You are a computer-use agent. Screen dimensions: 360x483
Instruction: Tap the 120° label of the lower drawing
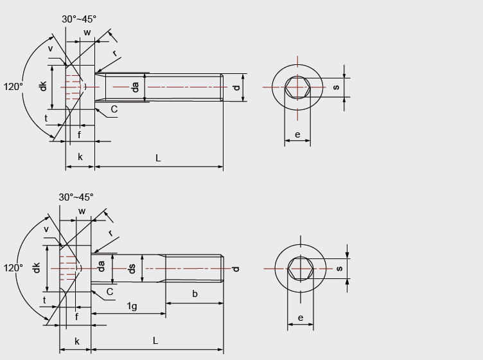click(x=13, y=267)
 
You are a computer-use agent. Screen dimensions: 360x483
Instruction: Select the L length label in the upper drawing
click(x=158, y=157)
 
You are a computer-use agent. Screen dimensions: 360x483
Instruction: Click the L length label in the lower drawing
click(x=155, y=341)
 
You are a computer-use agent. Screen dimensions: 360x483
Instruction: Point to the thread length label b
click(x=195, y=294)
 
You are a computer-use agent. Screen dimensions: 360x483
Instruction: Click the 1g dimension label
click(x=131, y=306)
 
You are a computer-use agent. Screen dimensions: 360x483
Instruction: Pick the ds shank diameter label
click(x=132, y=268)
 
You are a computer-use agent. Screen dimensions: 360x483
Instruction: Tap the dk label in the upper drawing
click(x=43, y=85)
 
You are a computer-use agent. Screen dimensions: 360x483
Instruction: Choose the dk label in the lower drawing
click(x=37, y=267)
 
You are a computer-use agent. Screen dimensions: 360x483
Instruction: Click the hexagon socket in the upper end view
click(x=297, y=86)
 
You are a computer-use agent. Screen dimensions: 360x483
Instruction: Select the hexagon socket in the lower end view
click(x=301, y=268)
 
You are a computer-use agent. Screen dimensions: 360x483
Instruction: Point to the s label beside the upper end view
click(x=335, y=86)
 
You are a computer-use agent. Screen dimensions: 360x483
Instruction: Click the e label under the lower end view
click(x=301, y=318)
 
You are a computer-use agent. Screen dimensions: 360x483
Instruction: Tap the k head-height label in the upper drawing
click(x=80, y=157)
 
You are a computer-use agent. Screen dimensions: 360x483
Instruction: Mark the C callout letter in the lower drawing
click(x=110, y=292)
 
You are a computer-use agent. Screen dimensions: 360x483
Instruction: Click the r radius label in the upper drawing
click(x=115, y=53)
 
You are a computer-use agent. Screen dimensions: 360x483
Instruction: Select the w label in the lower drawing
click(x=82, y=212)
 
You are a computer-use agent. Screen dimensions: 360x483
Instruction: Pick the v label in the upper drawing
click(x=50, y=48)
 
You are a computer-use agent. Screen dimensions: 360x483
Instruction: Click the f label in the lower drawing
click(x=76, y=316)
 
